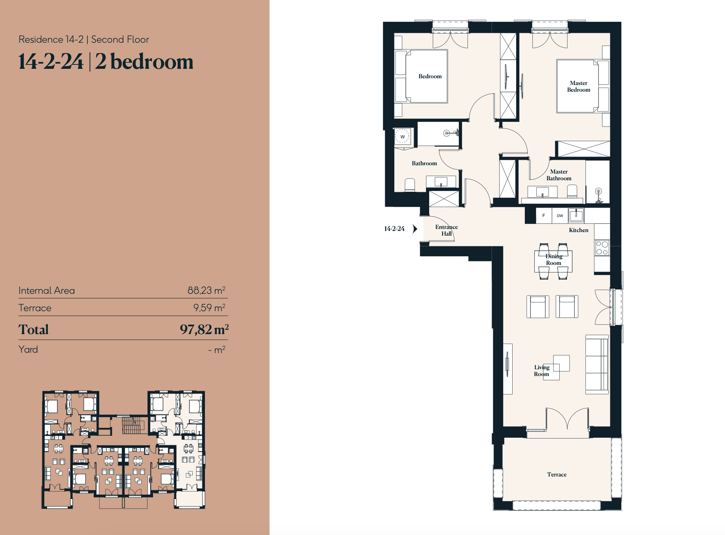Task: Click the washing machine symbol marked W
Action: (402, 136)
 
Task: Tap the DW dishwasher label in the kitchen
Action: (560, 216)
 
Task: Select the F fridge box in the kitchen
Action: (543, 216)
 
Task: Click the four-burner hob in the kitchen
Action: (602, 248)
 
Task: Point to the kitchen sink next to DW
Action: (576, 216)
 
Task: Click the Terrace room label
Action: (557, 475)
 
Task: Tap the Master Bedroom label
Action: (578, 87)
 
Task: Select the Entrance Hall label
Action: (446, 230)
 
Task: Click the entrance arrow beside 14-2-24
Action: (415, 229)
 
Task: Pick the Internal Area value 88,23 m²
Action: (206, 290)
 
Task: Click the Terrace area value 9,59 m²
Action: (209, 308)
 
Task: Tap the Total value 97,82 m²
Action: (204, 329)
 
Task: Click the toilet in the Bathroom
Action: (409, 185)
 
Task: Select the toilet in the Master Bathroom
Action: (572, 191)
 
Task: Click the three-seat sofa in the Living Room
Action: (596, 365)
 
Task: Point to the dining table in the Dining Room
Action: (553, 261)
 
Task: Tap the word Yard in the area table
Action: (28, 350)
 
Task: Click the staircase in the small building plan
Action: (133, 425)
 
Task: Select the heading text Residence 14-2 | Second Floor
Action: (84, 40)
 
